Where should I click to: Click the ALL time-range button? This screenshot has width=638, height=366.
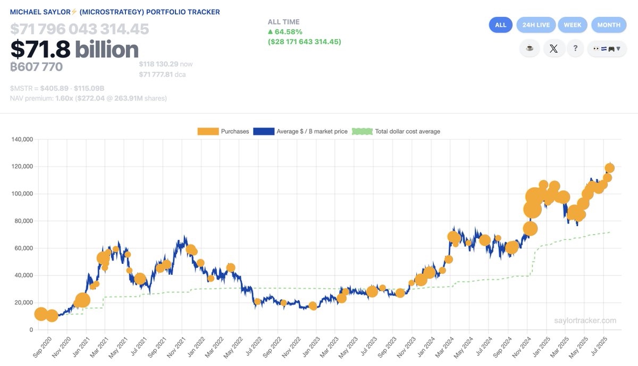pyautogui.click(x=500, y=25)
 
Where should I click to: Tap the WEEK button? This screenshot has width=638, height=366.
pyautogui.click(x=573, y=25)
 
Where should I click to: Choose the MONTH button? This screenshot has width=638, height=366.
pyautogui.click(x=609, y=25)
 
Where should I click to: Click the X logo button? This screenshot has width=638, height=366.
pyautogui.click(x=554, y=48)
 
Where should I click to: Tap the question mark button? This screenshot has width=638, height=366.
pyautogui.click(x=575, y=48)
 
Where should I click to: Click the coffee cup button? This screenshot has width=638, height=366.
pyautogui.click(x=530, y=48)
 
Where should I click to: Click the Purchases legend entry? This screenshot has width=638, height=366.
pyautogui.click(x=223, y=131)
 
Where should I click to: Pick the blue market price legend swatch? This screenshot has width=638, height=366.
pyautogui.click(x=264, y=131)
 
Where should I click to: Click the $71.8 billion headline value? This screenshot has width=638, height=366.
pyautogui.click(x=74, y=49)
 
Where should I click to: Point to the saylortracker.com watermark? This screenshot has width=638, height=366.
pyautogui.click(x=585, y=321)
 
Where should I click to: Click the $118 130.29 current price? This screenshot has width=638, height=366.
pyautogui.click(x=159, y=64)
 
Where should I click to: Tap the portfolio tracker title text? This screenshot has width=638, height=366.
pyautogui.click(x=115, y=12)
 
